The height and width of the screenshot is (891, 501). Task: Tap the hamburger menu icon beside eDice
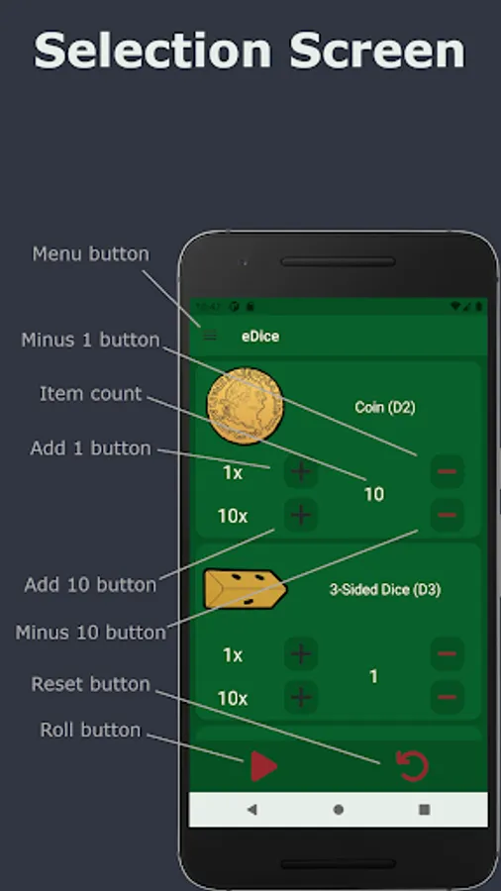[210, 336]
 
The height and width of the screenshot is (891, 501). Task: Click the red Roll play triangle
[262, 766]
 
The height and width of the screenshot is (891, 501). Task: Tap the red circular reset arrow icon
[413, 765]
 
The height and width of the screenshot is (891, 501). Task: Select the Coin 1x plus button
[301, 472]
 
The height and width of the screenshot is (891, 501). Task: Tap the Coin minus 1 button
[447, 472]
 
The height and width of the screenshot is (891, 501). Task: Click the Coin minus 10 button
[447, 515]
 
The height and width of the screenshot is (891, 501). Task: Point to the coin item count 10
[373, 494]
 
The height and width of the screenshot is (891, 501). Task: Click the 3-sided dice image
[245, 589]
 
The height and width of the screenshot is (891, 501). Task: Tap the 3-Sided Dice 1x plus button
[301, 654]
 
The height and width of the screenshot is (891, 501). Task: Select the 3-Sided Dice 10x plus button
[301, 697]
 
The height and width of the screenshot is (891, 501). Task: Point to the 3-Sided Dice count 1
[373, 676]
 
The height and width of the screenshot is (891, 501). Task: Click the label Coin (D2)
[384, 407]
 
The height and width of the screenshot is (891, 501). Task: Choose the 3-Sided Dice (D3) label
[384, 589]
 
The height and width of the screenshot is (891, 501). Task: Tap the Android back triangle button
[251, 809]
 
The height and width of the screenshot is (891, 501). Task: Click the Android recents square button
[424, 809]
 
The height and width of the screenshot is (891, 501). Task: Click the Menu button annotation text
[90, 253]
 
